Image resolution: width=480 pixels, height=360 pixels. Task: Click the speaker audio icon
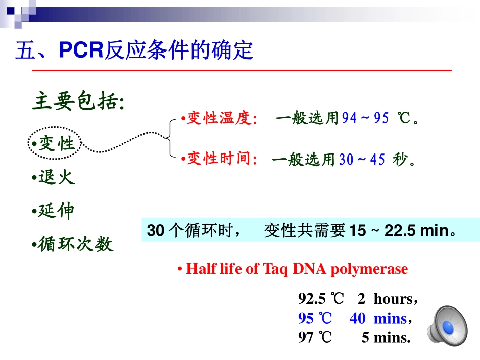448,326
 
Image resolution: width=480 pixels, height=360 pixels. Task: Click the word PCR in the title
81,49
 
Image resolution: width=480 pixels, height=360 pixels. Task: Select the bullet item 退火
53,177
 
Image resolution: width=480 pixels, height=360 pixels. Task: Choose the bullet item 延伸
53,211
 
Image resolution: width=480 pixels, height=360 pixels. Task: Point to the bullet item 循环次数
73,244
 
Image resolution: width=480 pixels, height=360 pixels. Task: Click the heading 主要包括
78,100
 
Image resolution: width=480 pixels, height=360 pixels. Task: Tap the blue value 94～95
365,118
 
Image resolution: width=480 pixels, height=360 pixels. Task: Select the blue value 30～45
362,160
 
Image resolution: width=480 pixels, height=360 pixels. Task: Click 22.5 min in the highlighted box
418,230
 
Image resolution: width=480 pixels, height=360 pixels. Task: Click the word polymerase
369,269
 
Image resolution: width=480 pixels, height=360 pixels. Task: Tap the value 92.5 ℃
321,298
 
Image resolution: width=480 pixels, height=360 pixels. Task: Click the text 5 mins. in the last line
386,337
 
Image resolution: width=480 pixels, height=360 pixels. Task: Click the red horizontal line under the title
242,70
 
